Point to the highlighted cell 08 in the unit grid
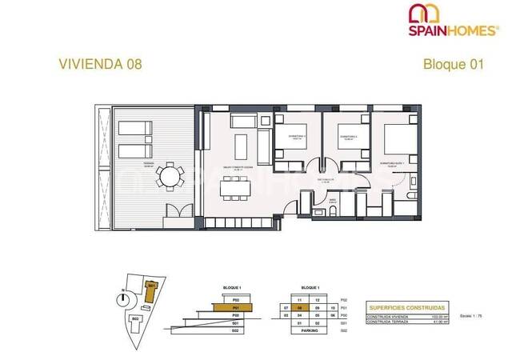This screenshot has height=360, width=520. pyautogui.click(x=299, y=307)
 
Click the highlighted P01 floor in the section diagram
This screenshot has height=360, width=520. pyautogui.click(x=234, y=307)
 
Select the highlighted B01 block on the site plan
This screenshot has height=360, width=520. pyautogui.click(x=150, y=285)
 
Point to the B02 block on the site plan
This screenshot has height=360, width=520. pyautogui.click(x=136, y=318)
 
